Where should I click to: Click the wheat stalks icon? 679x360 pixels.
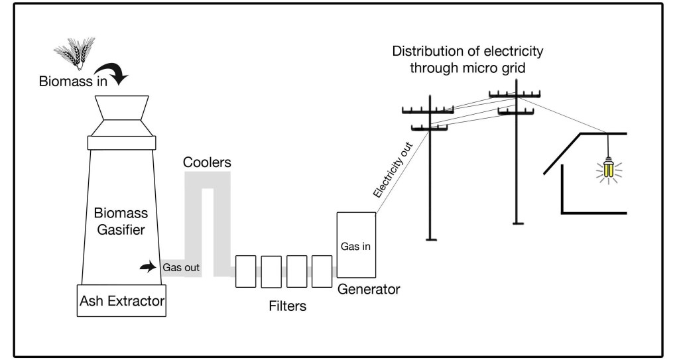74,52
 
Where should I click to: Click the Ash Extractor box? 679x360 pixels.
121,301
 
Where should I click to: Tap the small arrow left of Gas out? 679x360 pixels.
147,267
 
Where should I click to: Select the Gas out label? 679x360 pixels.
181,268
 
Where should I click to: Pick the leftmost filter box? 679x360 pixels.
246,270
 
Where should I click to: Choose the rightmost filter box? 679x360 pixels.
322,270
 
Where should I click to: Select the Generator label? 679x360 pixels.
369,290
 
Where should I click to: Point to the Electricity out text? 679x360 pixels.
393,170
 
